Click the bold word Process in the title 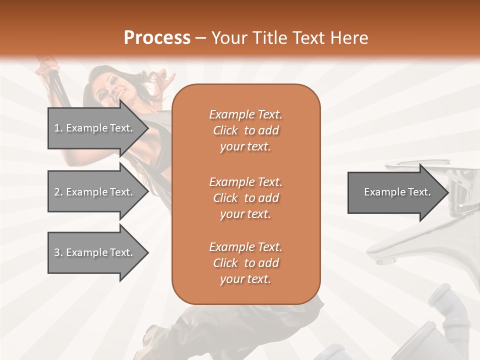pos(157,37)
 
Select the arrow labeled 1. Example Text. pos(95,128)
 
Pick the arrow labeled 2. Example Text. pos(95,192)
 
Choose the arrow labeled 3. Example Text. pos(95,252)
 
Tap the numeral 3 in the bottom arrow pos(57,252)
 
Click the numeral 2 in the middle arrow pos(57,192)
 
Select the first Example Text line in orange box pos(245,114)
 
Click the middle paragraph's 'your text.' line pos(245,214)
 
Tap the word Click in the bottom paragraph pos(225,263)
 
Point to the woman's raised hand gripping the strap pos(46,65)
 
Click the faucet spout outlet pos(385,260)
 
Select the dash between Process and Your pos(201,38)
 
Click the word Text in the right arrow pos(419,192)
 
